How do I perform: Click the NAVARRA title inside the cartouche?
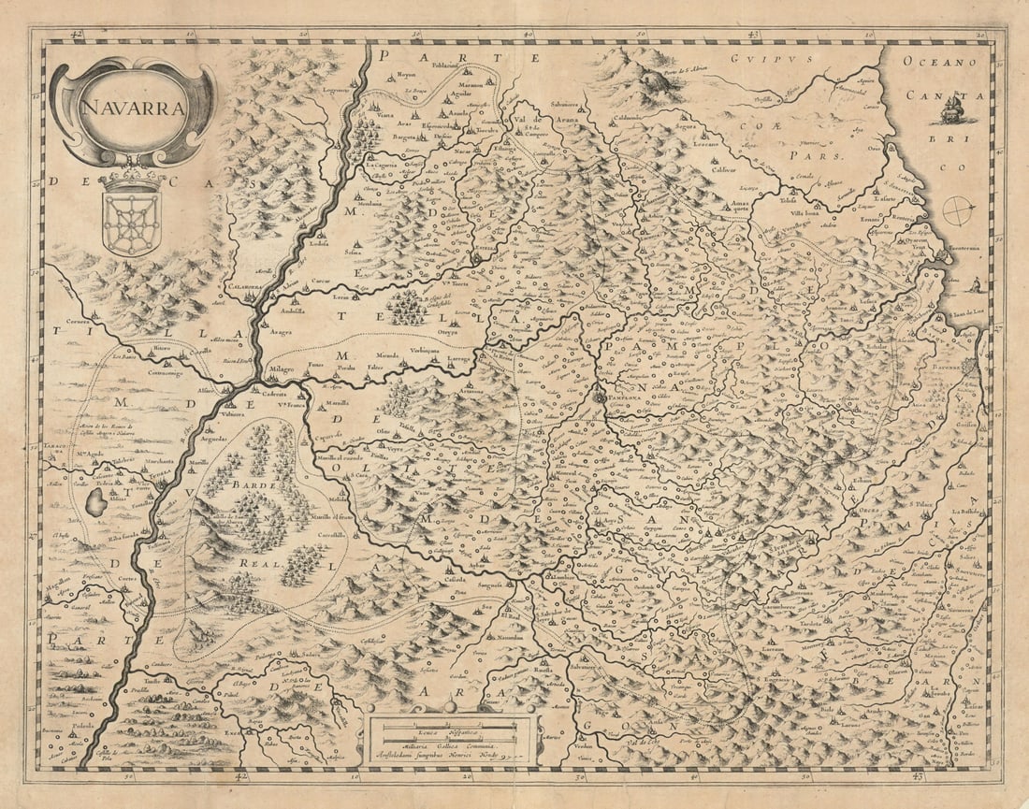coord(119,106)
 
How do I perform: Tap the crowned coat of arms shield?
coord(130,213)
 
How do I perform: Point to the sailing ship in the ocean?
coord(952,112)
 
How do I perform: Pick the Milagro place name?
coord(283,370)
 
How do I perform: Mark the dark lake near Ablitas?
coord(95,503)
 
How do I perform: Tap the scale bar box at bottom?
coord(452,735)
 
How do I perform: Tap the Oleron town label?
coord(900,671)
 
